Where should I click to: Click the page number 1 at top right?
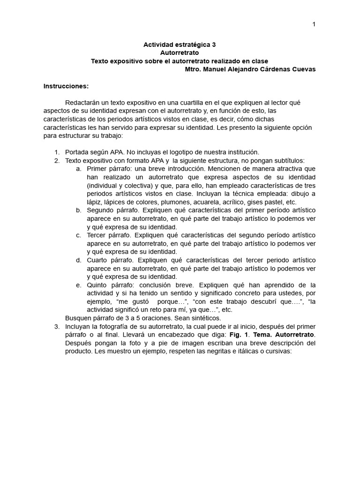click(314, 24)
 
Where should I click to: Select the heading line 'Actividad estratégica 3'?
click(180, 45)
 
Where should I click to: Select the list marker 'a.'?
click(79, 168)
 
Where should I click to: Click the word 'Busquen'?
click(78, 318)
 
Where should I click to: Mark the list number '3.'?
click(57, 326)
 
